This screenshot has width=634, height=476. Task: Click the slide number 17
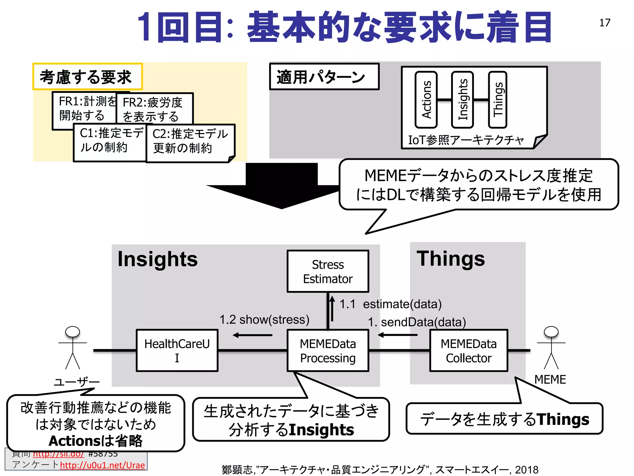tap(605, 23)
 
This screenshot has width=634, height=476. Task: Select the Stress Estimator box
tap(328, 271)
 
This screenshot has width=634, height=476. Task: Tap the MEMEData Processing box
tap(328, 350)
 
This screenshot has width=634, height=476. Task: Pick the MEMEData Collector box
tap(469, 350)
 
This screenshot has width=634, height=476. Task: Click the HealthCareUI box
tap(177, 350)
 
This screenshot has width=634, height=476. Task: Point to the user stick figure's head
tap(72, 332)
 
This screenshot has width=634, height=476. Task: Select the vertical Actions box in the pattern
tap(426, 100)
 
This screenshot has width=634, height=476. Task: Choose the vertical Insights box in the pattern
tap(462, 100)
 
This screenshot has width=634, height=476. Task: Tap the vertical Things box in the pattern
tap(498, 100)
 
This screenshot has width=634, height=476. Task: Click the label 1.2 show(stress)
tap(264, 320)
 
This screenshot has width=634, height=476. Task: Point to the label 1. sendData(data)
tap(417, 322)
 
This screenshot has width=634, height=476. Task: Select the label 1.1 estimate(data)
tap(390, 304)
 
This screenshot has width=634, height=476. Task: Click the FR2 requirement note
tap(154, 108)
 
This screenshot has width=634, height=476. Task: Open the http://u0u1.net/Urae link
tap(102, 465)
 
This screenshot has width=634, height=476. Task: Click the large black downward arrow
tap(281, 186)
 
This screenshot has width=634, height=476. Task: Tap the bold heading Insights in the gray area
tap(158, 259)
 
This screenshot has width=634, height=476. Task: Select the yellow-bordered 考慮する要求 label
tap(87, 77)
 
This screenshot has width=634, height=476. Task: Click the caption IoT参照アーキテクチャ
tap(466, 140)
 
